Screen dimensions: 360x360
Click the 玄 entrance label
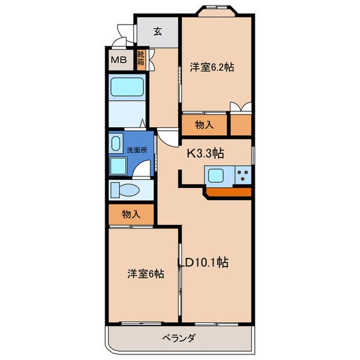(x=157, y=31)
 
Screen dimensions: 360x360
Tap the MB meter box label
(x=119, y=60)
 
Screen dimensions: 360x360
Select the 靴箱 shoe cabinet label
(x=141, y=58)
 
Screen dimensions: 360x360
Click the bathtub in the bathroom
(x=127, y=87)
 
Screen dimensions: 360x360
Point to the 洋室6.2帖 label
(x=212, y=67)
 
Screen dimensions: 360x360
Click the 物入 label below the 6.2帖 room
(x=204, y=125)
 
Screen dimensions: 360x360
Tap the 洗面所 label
(x=137, y=150)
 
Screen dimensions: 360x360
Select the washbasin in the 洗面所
(x=116, y=143)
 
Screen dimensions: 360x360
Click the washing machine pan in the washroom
(x=118, y=166)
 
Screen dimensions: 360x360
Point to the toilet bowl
(x=125, y=190)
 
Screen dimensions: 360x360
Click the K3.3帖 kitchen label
(x=205, y=154)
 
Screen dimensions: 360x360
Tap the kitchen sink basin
(x=215, y=175)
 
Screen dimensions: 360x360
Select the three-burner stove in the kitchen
(x=243, y=175)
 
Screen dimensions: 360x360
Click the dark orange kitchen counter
(x=229, y=192)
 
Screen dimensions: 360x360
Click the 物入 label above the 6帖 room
(x=131, y=214)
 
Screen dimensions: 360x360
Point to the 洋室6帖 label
(x=146, y=274)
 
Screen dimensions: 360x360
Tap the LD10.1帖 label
(x=203, y=262)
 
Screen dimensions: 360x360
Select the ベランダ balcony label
(x=179, y=338)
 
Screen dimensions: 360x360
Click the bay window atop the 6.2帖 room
(x=217, y=11)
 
